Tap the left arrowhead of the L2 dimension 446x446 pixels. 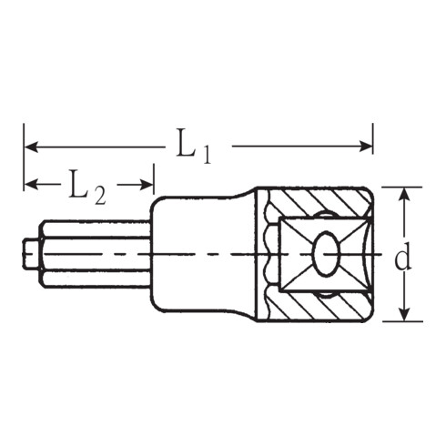(30, 185)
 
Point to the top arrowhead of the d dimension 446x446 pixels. (401, 193)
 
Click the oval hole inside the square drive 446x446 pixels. (325, 253)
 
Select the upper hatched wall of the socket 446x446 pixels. (319, 201)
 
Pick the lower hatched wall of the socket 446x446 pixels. (319, 307)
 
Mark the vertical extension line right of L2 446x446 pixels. (154, 177)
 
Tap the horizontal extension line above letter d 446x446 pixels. (400, 187)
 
